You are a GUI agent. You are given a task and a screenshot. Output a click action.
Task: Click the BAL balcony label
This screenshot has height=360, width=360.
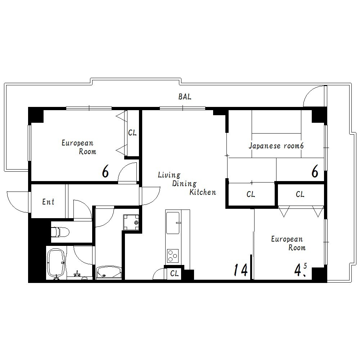click(x=185, y=96)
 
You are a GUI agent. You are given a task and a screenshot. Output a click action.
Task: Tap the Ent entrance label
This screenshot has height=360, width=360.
click(x=48, y=202)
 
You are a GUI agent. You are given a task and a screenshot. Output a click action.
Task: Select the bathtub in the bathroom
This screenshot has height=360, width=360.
click(x=56, y=263)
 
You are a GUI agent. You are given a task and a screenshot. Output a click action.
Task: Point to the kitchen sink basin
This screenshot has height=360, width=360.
click(x=173, y=223)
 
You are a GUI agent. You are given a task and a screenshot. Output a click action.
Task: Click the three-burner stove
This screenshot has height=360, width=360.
click(x=173, y=256)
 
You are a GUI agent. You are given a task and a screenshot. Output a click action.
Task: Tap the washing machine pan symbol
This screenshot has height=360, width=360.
click(x=131, y=222)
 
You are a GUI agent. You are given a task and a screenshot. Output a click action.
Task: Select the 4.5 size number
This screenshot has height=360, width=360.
click(x=301, y=270)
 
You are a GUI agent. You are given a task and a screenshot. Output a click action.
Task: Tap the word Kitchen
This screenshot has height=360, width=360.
click(x=202, y=192)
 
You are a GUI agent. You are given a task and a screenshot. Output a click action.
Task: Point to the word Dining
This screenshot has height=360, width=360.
click(x=184, y=184)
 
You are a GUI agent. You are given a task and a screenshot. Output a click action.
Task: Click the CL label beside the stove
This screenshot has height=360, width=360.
click(x=174, y=273)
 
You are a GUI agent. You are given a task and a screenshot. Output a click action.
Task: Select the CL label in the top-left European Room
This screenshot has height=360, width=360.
click(x=132, y=132)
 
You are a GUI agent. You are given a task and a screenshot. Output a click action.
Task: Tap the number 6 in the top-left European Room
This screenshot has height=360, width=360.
click(x=105, y=171)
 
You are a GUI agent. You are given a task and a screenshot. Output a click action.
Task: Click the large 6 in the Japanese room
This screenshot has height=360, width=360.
click(x=315, y=171)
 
